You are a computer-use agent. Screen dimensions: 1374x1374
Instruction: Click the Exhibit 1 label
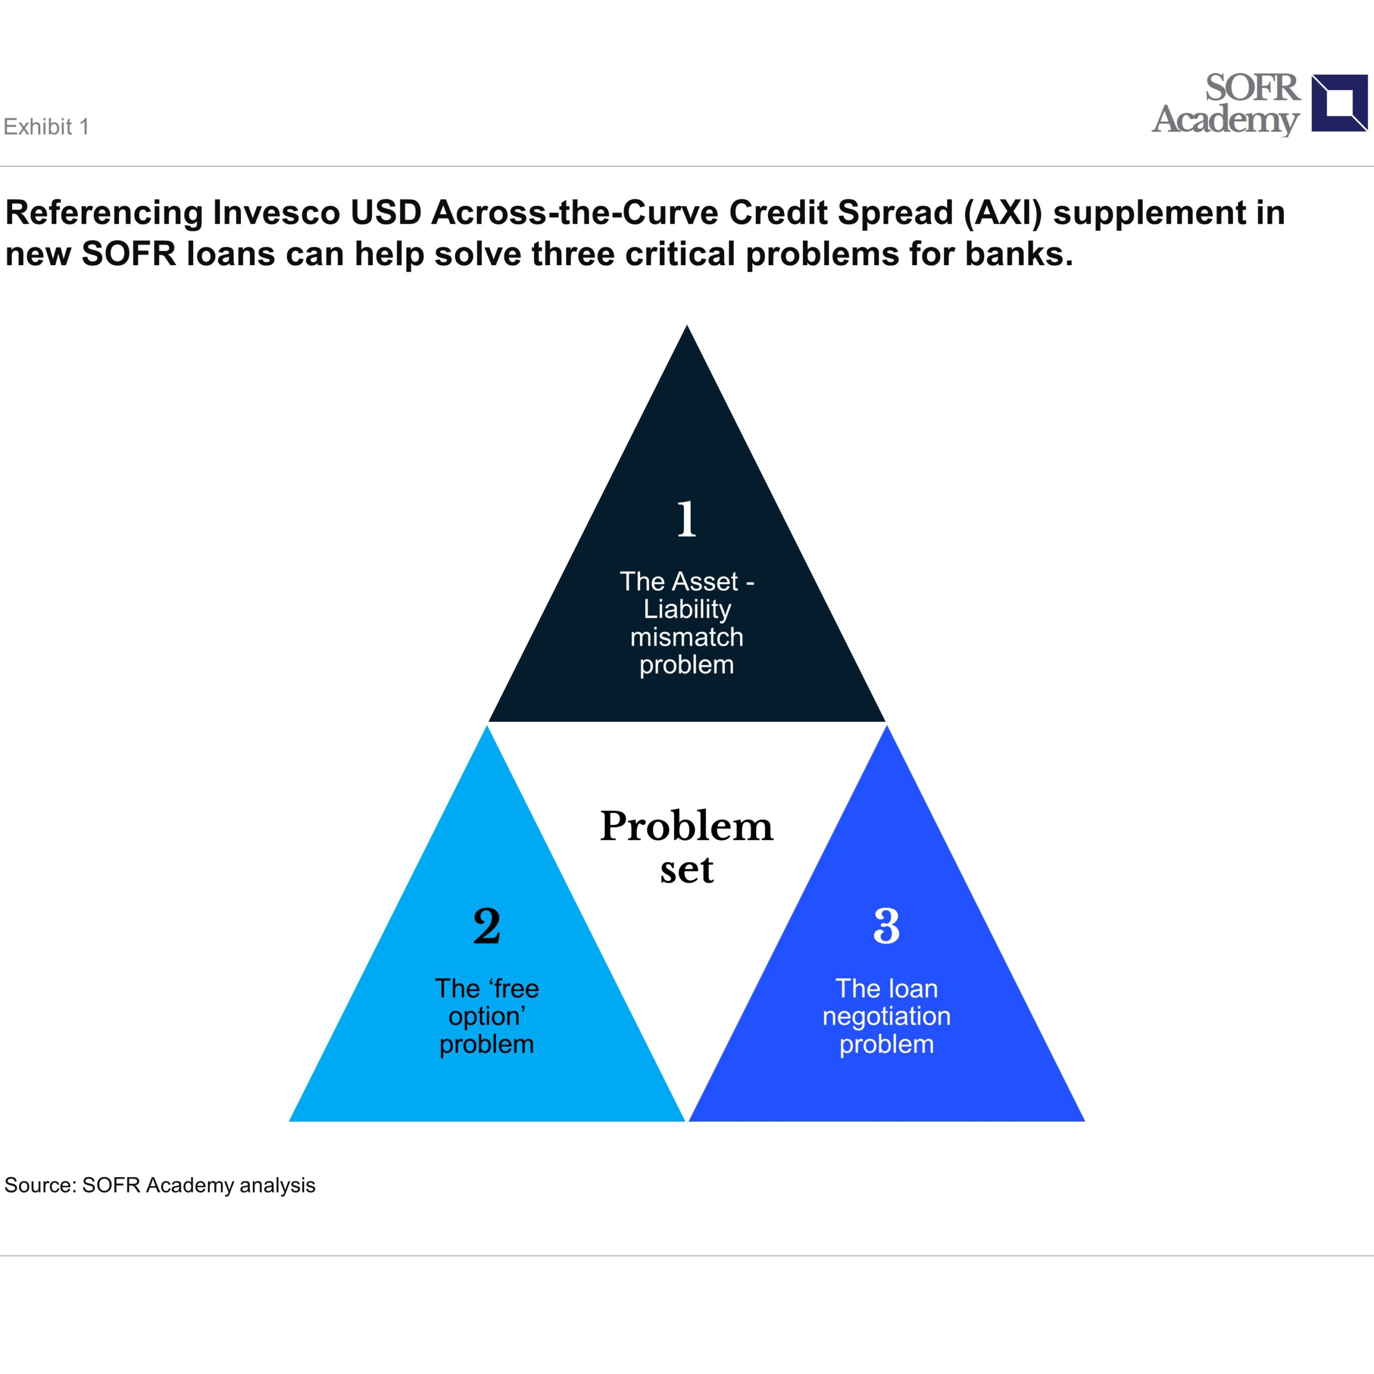[46, 127]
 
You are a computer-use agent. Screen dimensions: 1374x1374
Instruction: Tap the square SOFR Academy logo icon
[1339, 103]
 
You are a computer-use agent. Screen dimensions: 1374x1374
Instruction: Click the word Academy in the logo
[1226, 120]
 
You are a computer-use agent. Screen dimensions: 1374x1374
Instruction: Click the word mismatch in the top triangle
[686, 637]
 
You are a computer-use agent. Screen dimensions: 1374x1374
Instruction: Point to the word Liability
[687, 610]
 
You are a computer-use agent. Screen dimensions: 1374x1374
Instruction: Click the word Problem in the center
[686, 827]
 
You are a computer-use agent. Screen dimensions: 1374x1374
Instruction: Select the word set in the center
[686, 870]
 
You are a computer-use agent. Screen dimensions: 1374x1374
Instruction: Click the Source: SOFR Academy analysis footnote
[160, 1186]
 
